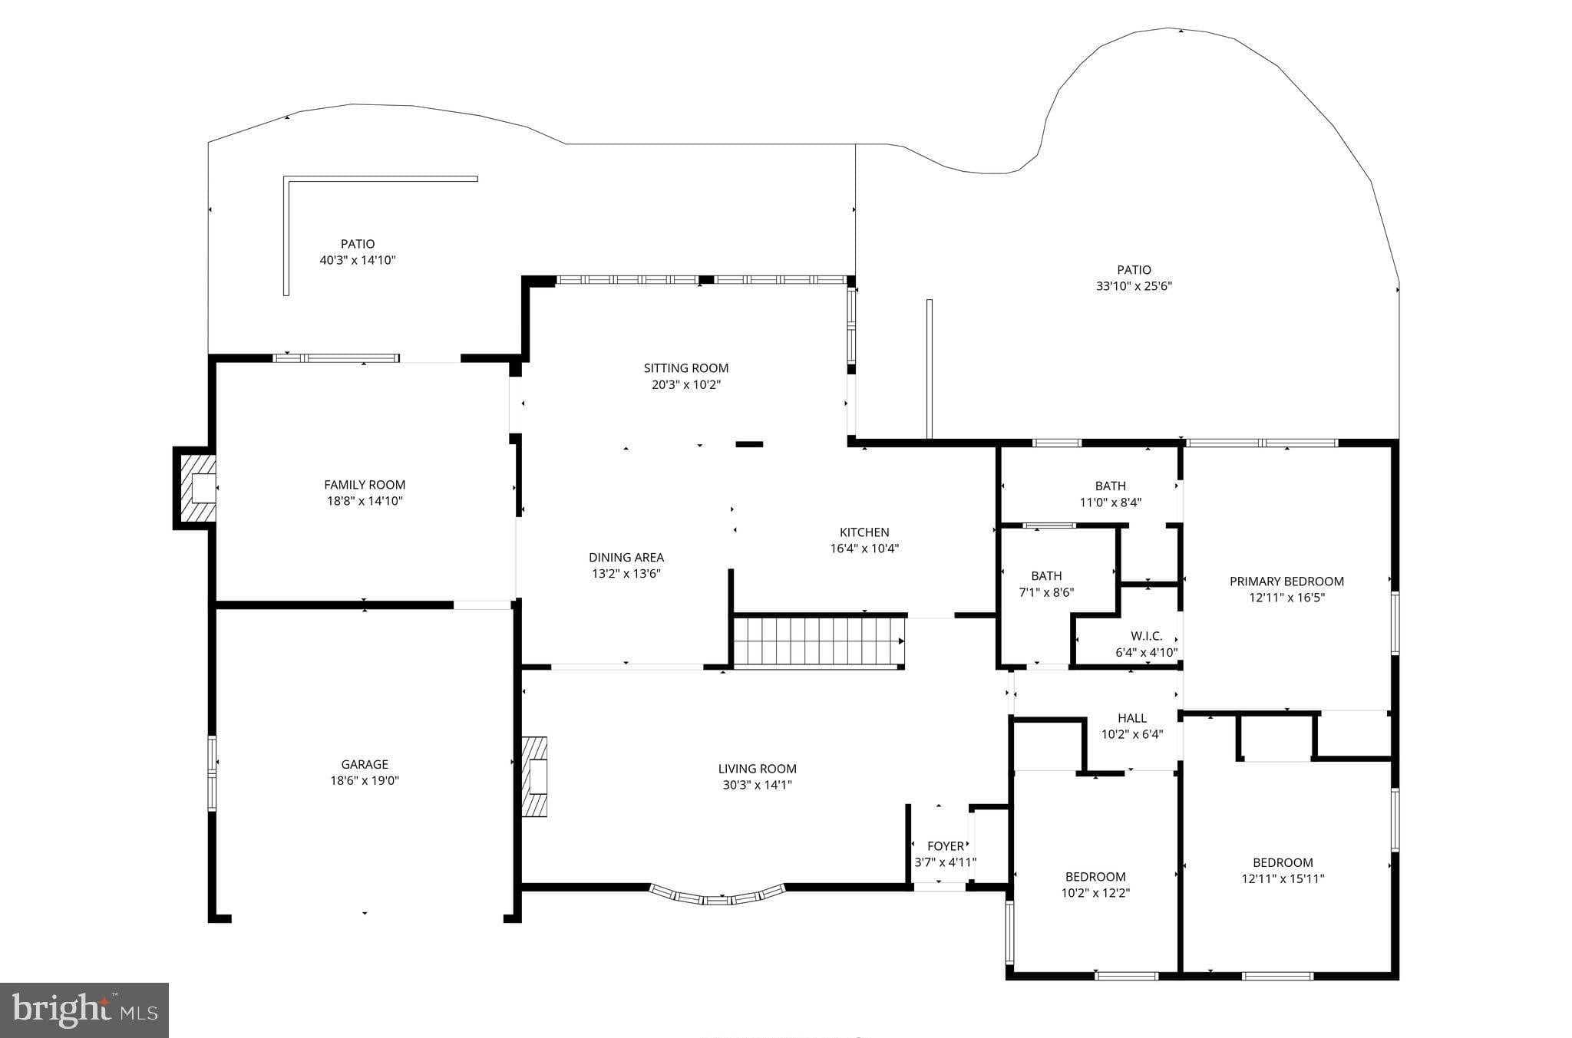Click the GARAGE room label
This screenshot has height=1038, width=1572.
pos(365,764)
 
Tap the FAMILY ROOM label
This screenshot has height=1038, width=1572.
pos(365,485)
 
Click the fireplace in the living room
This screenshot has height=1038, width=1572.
pos(535,776)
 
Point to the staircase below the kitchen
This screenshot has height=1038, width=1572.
pos(818,641)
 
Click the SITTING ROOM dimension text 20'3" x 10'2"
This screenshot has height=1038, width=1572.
pos(686,384)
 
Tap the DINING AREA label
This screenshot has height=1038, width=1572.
pos(626,558)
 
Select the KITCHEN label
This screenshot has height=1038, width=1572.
pos(864,532)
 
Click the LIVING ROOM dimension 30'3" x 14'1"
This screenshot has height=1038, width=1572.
pos(757,785)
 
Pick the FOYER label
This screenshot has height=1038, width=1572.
pos(946,846)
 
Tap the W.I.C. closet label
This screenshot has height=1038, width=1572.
pos(1146,636)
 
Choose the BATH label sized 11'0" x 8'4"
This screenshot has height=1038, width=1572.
pos(1110,486)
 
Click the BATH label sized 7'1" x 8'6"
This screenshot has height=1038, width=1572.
pos(1046,576)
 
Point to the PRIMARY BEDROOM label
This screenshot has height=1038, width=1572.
pos(1286,582)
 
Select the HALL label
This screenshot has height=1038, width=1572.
pos(1132,718)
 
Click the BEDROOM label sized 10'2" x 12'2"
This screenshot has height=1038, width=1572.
pos(1095,877)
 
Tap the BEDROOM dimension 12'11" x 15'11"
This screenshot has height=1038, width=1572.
pos(1283,879)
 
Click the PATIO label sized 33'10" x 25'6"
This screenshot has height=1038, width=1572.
pos(1134,270)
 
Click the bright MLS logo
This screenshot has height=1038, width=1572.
pos(84,1010)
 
